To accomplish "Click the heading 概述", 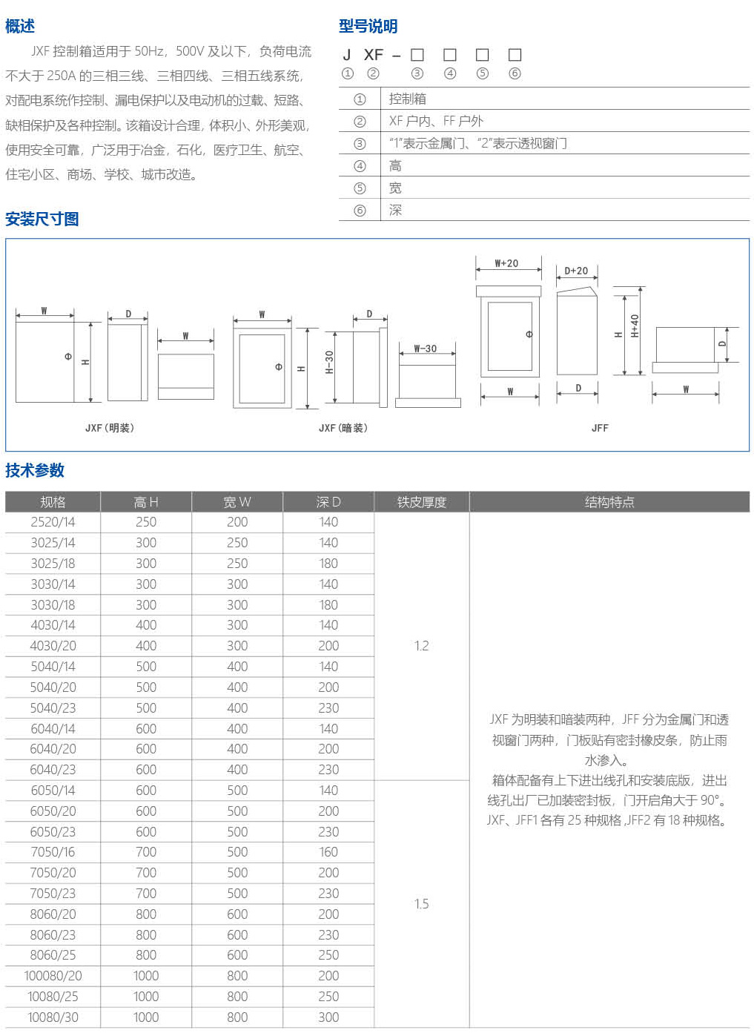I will [x=20, y=27].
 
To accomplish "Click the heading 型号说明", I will [x=368, y=27].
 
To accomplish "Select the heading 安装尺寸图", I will [x=42, y=219].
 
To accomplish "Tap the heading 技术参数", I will [x=35, y=470].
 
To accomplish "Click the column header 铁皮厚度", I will [x=421, y=502].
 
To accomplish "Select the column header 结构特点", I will [x=609, y=502].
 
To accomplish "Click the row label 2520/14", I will [x=53, y=522].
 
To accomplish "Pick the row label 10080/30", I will [x=53, y=1017].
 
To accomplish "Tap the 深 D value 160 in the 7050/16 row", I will [x=328, y=852].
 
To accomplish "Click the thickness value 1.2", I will [x=421, y=646].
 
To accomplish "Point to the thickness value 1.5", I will [x=421, y=904].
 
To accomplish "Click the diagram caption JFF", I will [x=600, y=428].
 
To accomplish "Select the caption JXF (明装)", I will [x=110, y=428].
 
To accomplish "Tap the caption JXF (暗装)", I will [x=343, y=428].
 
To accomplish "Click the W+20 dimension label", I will [x=506, y=263].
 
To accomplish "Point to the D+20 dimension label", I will [x=576, y=271].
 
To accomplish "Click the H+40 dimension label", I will [x=635, y=326].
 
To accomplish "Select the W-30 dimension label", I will [x=425, y=349].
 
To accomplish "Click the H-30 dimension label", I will [x=329, y=362].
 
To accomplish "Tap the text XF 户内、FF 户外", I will [x=436, y=121].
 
